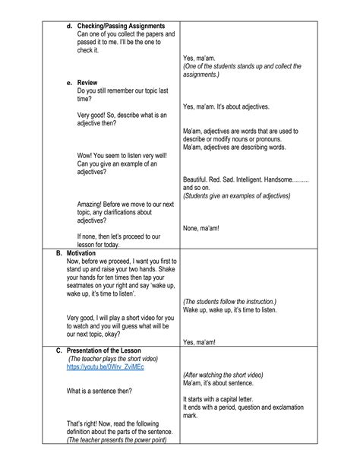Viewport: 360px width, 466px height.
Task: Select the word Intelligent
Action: (245, 179)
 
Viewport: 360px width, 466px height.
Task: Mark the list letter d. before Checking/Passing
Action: (70, 26)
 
